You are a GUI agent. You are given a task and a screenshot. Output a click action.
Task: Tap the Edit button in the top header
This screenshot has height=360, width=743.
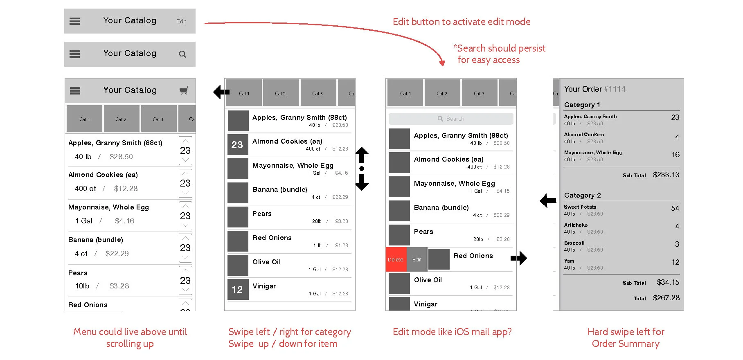coord(181,21)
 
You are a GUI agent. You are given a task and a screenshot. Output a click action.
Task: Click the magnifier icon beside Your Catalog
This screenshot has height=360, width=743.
coord(182,54)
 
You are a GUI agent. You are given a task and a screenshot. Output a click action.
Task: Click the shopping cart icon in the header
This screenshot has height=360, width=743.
coord(184,90)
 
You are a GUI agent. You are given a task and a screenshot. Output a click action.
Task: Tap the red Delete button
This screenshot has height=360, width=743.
coord(396,259)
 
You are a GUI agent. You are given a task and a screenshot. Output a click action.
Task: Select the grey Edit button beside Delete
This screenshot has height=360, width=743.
coord(417,259)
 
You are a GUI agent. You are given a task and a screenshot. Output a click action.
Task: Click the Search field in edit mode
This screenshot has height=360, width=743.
coord(451,119)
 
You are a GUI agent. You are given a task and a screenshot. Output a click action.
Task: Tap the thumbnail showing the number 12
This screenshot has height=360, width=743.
coord(237,290)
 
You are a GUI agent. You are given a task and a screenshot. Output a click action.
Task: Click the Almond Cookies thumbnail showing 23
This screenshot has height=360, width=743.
coord(237,144)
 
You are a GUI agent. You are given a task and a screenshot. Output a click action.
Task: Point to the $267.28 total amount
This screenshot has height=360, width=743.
coord(666,298)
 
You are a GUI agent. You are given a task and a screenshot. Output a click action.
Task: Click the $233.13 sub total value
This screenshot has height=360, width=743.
coord(666,175)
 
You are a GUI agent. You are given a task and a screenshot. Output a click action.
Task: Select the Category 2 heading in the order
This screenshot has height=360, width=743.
coord(583,195)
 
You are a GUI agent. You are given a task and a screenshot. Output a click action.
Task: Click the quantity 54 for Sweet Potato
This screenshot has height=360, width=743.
coord(675,208)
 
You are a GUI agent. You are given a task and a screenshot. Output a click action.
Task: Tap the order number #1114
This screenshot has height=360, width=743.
coord(615,89)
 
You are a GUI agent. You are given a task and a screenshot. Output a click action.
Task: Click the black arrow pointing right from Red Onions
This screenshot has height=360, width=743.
coord(519,258)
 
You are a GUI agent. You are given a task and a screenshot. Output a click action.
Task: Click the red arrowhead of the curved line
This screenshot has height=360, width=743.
coord(442,63)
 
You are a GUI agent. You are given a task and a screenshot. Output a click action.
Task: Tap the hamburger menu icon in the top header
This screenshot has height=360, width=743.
coord(75,21)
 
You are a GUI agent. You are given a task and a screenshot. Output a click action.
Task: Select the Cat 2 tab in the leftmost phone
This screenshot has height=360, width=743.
coord(121,119)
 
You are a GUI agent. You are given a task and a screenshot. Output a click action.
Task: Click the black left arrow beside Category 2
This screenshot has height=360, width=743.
coord(548,200)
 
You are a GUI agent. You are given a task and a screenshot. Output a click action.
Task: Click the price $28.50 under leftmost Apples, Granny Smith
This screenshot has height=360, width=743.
coord(121,157)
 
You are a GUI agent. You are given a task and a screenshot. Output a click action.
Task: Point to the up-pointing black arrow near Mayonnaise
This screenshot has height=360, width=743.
coord(362,155)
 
